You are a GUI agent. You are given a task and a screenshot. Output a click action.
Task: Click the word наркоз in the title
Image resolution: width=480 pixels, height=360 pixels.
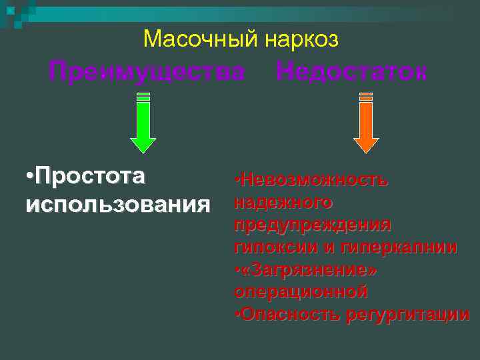point(301,40)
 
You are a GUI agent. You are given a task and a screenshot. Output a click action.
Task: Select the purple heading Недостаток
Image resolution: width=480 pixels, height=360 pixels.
point(351,71)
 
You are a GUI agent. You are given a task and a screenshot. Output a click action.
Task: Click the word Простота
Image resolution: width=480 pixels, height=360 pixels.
point(91,177)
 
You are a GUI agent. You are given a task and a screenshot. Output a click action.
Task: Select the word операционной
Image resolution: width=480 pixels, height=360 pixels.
point(301,292)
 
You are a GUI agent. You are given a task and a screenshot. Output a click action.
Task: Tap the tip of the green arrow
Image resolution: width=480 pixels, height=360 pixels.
point(143,151)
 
